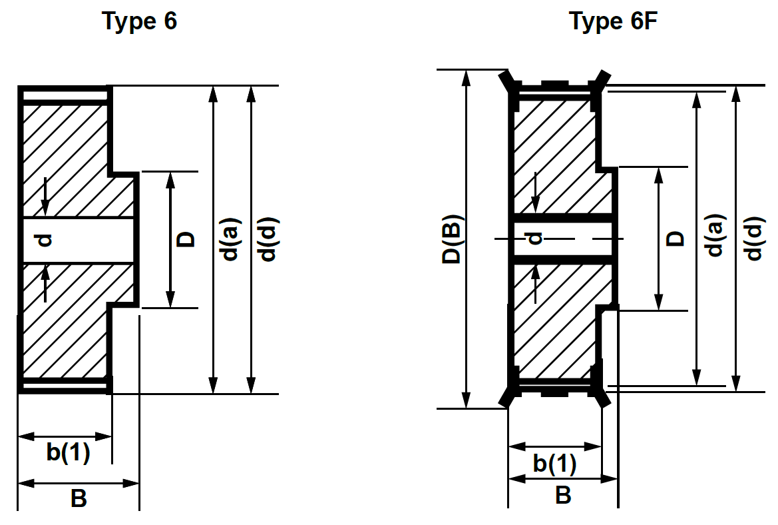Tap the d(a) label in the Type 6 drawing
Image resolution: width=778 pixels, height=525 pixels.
click(230, 240)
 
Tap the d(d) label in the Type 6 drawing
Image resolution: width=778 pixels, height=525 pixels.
click(268, 240)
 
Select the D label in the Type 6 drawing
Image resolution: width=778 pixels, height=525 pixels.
click(188, 239)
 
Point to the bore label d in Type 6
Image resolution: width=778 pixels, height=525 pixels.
click(45, 239)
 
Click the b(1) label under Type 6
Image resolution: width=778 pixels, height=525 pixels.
click(68, 452)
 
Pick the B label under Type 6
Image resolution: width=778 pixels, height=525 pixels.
click(79, 498)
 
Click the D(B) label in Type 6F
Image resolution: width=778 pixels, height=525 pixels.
click(453, 239)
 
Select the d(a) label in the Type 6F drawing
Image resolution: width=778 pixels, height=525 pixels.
click(714, 235)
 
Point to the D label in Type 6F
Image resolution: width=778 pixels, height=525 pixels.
click(675, 238)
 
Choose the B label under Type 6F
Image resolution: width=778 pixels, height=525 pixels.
click(563, 495)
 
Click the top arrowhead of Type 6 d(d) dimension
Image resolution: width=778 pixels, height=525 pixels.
click(251, 94)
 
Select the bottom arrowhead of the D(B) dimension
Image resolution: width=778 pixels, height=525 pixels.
click(467, 400)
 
